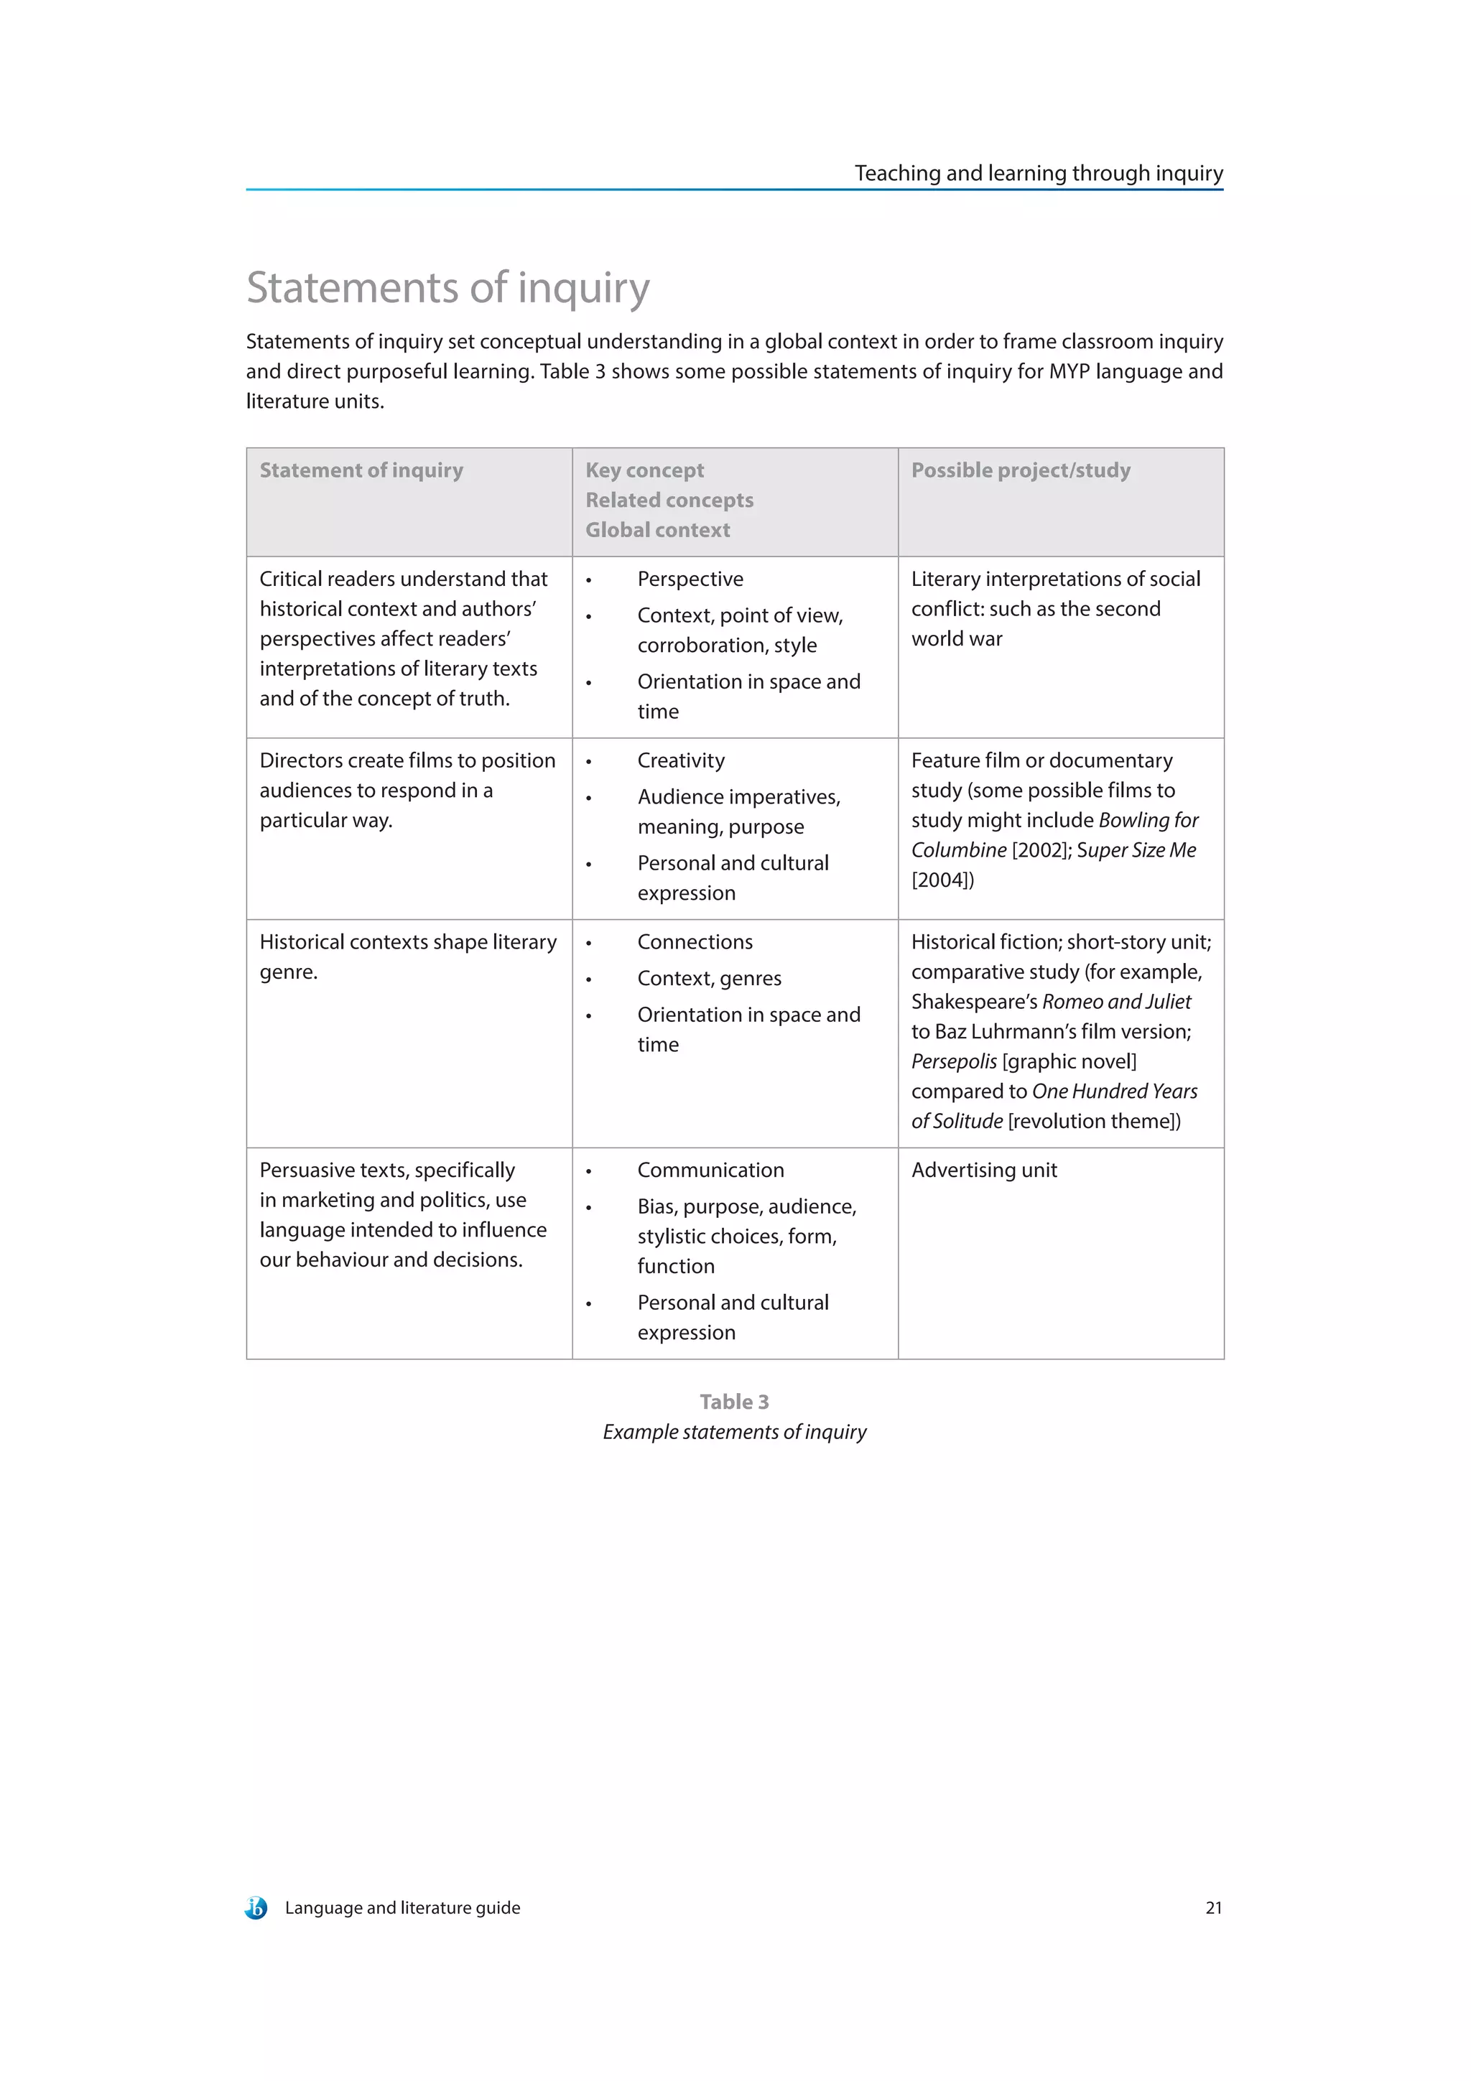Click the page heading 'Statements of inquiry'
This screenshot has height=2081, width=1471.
pos(447,287)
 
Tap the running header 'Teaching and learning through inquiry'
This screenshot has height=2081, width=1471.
pos(1038,173)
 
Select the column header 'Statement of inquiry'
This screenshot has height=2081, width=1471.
pos(361,470)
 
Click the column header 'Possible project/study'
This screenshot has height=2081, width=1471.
pos(1021,470)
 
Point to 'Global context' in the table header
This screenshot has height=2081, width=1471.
pos(657,530)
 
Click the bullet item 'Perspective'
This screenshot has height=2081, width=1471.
pos(690,579)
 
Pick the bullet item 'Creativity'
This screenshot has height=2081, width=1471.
pos(681,760)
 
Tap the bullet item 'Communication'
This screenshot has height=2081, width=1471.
pos(710,1170)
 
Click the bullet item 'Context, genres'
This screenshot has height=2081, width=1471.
pos(709,978)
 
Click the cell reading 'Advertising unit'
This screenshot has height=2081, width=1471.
pos(983,1170)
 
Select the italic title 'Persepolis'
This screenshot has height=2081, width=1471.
pos(953,1061)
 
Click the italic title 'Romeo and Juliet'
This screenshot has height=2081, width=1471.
pos(1117,1002)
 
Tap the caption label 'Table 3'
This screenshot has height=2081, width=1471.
pos(734,1402)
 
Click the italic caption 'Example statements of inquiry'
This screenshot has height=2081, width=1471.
pos(734,1432)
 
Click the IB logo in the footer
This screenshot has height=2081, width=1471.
pos(256,1908)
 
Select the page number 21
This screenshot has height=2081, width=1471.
pos(1212,1908)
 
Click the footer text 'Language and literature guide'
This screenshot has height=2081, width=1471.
pos(402,1908)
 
